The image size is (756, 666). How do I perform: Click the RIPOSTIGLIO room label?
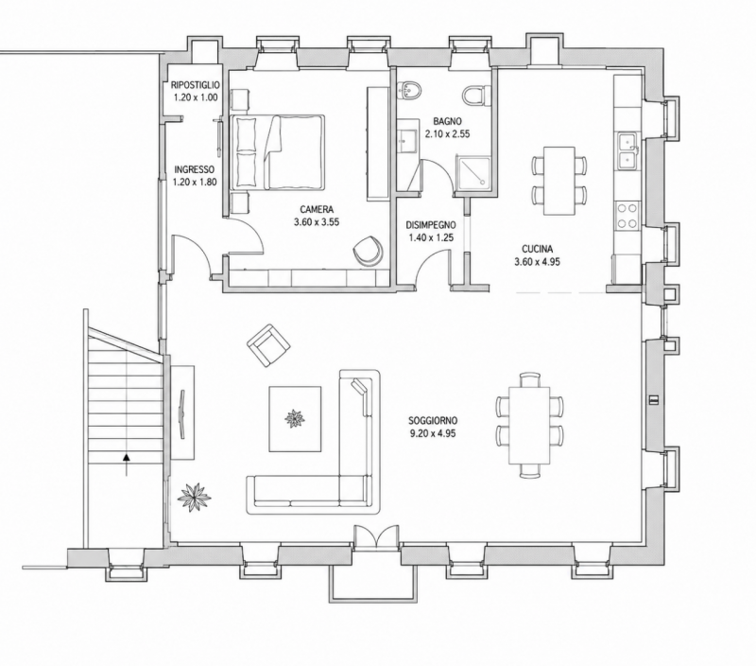coord(196,85)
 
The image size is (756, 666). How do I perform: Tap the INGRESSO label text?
coord(195,170)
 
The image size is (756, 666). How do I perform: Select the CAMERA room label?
coord(317,209)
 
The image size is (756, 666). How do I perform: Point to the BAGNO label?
coord(447,121)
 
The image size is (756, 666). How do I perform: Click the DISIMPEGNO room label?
coord(431,225)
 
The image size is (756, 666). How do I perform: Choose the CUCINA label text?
coord(537,249)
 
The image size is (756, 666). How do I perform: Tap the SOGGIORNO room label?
coord(433,420)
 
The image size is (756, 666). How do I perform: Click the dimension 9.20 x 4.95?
coord(433,433)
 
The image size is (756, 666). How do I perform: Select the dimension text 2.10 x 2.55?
coord(447,134)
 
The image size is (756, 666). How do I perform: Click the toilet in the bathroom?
coord(476,95)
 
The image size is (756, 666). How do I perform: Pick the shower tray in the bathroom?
coord(472,174)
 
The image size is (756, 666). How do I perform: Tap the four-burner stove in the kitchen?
coord(627,216)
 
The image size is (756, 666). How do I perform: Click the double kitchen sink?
coord(628,150)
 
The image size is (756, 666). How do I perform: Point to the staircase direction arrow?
coord(127,464)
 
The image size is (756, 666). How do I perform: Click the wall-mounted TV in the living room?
coord(182,413)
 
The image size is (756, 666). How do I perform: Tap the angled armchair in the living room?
coord(268,345)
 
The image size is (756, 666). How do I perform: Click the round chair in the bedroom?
coord(368,250)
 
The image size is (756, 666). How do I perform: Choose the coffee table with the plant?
coord(295,419)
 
